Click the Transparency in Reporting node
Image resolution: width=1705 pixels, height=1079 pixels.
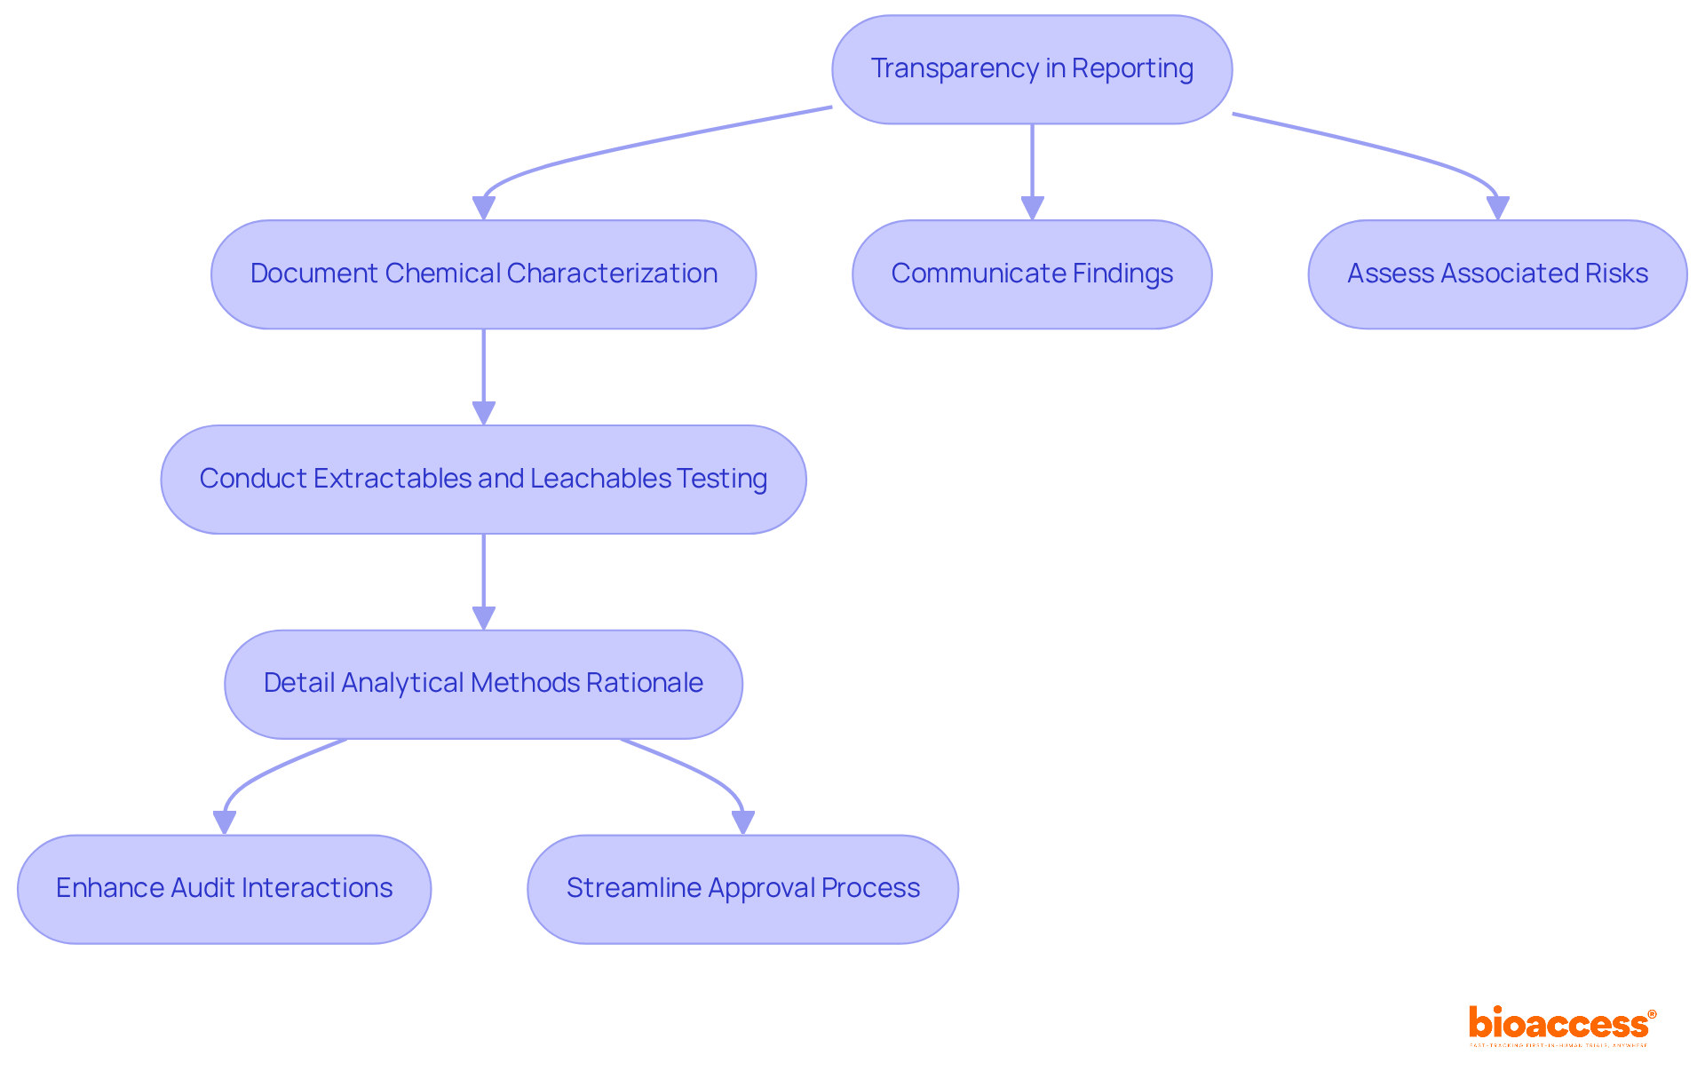1032,69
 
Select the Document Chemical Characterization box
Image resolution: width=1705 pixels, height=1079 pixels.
483,274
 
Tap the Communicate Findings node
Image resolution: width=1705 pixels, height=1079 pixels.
1032,274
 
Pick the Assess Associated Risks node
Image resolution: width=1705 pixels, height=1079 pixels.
1497,274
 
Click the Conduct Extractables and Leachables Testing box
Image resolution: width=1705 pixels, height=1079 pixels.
483,480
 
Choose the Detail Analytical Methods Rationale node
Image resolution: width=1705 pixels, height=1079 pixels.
483,684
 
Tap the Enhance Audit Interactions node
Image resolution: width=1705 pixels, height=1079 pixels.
224,889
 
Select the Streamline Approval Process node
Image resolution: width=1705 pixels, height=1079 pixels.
742,889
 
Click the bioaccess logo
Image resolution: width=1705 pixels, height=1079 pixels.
1561,1025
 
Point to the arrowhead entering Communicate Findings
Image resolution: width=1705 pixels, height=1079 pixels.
1032,208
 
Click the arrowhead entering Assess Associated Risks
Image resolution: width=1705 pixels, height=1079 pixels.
1497,208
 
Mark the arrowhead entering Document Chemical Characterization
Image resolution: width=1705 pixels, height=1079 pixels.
483,208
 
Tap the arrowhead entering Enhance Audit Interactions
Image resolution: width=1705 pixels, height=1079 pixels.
225,822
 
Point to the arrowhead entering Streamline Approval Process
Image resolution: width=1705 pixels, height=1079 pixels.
742,822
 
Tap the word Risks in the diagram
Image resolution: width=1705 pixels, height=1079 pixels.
1621,274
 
